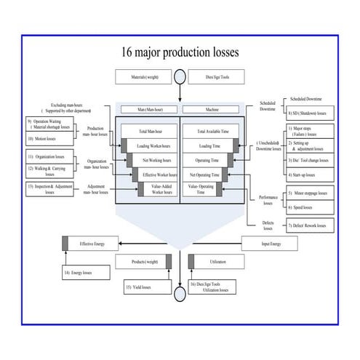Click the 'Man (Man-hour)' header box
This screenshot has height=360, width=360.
[148, 110]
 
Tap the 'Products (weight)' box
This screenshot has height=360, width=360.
[145, 261]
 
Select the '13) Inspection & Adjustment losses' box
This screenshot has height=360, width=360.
[50, 189]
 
